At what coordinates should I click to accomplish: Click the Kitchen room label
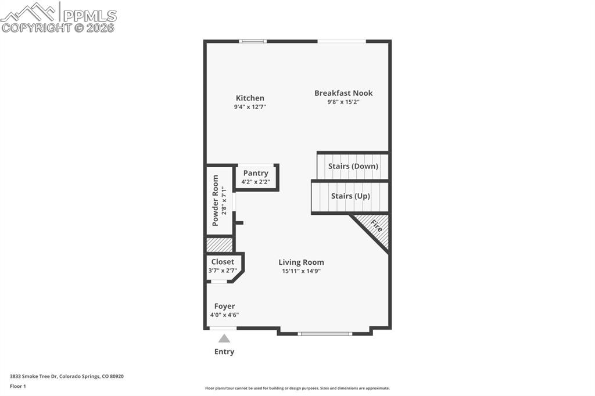click(250, 98)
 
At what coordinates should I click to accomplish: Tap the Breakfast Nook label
click(343, 93)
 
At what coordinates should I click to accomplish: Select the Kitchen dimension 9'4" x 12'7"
click(250, 107)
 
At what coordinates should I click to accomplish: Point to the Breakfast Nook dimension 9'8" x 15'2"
click(343, 102)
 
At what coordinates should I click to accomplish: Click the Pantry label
click(256, 174)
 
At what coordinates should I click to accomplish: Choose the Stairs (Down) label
click(353, 166)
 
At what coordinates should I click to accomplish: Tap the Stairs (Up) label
click(350, 196)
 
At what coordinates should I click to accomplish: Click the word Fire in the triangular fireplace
click(377, 226)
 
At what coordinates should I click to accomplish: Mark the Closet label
click(223, 262)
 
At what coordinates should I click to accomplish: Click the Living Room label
click(302, 262)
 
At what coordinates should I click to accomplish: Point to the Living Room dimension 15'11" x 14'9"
click(302, 271)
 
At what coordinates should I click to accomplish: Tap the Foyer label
click(225, 306)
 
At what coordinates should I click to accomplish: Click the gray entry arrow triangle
click(224, 339)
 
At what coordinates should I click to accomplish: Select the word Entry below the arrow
click(224, 352)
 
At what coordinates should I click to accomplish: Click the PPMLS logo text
click(89, 16)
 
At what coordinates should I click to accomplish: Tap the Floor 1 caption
click(18, 387)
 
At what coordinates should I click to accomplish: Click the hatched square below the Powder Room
click(219, 244)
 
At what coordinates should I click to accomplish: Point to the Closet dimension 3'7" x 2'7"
click(223, 271)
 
